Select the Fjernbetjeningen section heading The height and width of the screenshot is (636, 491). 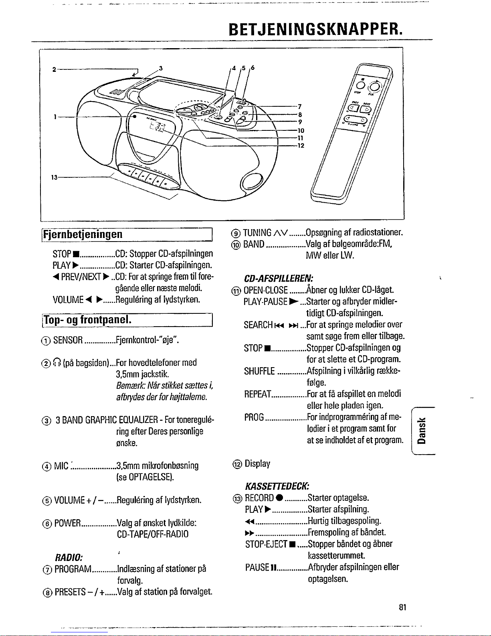click(x=83, y=234)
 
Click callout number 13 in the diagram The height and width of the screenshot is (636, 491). click(x=54, y=177)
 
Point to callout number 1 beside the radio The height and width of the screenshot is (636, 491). click(x=55, y=117)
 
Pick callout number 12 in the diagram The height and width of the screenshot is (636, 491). click(x=300, y=145)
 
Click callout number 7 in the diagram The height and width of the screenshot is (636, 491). click(x=299, y=107)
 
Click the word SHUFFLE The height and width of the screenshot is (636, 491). click(x=259, y=371)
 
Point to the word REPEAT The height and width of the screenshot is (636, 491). click(x=258, y=394)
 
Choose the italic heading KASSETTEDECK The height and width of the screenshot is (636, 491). click(x=277, y=486)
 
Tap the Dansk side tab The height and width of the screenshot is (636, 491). click(x=422, y=430)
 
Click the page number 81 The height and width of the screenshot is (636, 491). click(x=403, y=608)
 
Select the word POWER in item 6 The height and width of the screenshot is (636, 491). click(x=67, y=523)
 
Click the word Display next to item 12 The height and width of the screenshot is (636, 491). click(x=257, y=464)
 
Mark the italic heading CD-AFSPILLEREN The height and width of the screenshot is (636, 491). click(x=279, y=278)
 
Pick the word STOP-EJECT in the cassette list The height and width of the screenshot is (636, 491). click(x=266, y=544)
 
